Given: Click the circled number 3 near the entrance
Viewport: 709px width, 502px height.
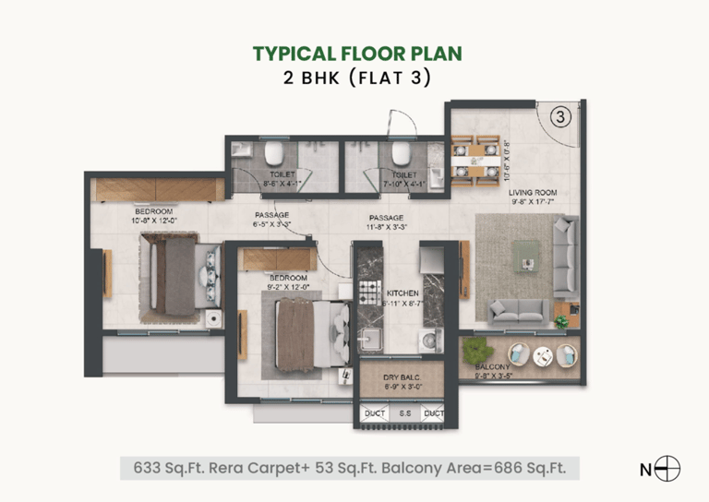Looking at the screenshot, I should click(562, 116).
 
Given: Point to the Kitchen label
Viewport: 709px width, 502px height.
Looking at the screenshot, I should click(403, 293).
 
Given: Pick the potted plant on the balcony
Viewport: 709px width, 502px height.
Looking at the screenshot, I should click(476, 351).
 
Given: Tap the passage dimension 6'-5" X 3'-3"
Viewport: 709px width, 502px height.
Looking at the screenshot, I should click(272, 224).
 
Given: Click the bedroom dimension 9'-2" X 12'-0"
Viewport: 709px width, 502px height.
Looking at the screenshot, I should click(288, 286).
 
